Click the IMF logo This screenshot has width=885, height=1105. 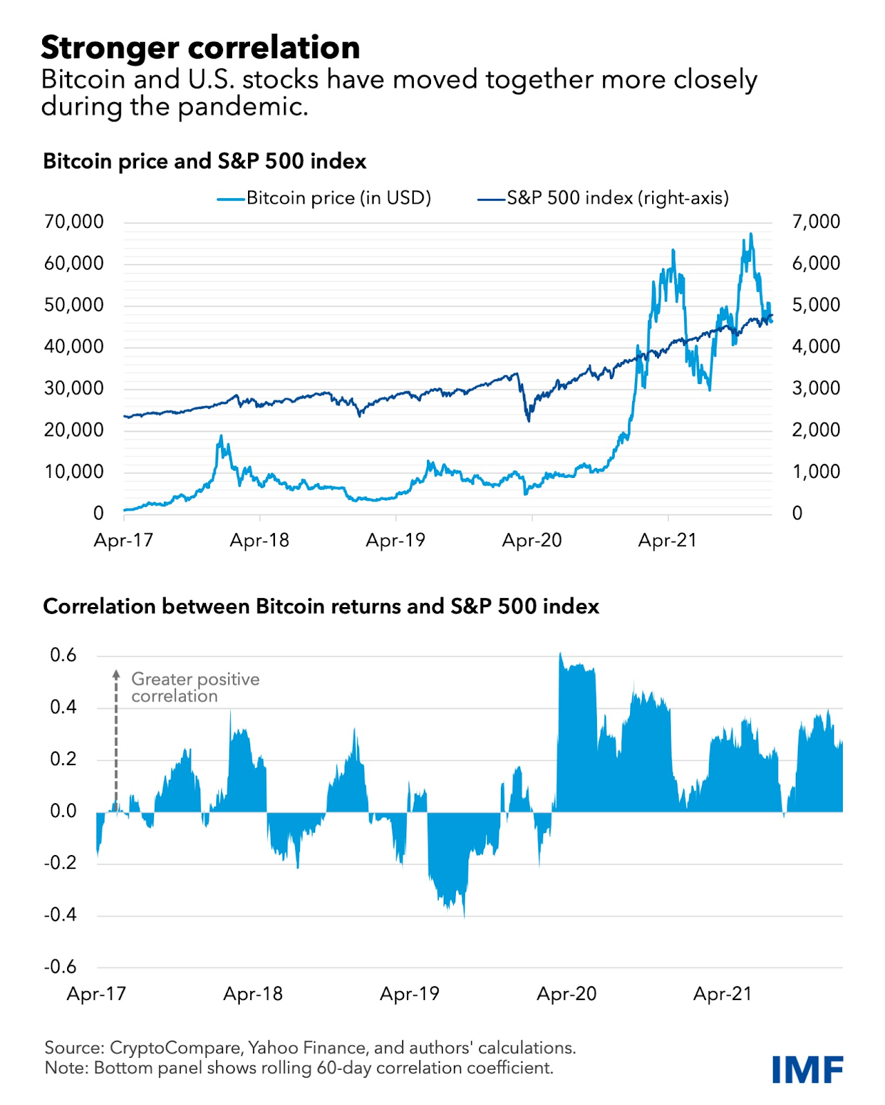click(x=807, y=1069)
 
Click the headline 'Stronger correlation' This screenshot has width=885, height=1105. click(x=200, y=48)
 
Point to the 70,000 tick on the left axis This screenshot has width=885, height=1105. click(x=74, y=222)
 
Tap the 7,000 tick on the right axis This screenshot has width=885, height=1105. click(x=816, y=222)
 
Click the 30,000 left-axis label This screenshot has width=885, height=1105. click(x=74, y=388)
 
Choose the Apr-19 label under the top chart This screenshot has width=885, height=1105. click(x=395, y=540)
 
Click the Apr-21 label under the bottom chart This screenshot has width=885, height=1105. click(x=722, y=994)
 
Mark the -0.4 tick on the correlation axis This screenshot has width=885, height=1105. click(x=60, y=915)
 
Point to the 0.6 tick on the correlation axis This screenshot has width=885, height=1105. click(x=64, y=655)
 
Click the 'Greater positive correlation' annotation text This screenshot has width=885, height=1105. click(x=195, y=688)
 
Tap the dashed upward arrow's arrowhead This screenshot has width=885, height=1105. click(x=117, y=673)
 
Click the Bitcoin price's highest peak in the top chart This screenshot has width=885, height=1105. click(x=751, y=234)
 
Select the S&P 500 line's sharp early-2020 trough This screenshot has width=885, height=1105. click(x=529, y=421)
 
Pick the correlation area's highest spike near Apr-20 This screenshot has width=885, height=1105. click(x=560, y=653)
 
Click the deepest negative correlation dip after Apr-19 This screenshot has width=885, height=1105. click(x=464, y=916)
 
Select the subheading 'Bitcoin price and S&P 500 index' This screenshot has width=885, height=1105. click(x=204, y=161)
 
